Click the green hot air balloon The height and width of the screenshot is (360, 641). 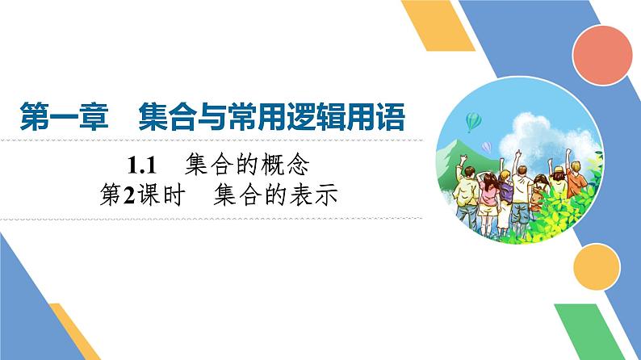click(x=473, y=122)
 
